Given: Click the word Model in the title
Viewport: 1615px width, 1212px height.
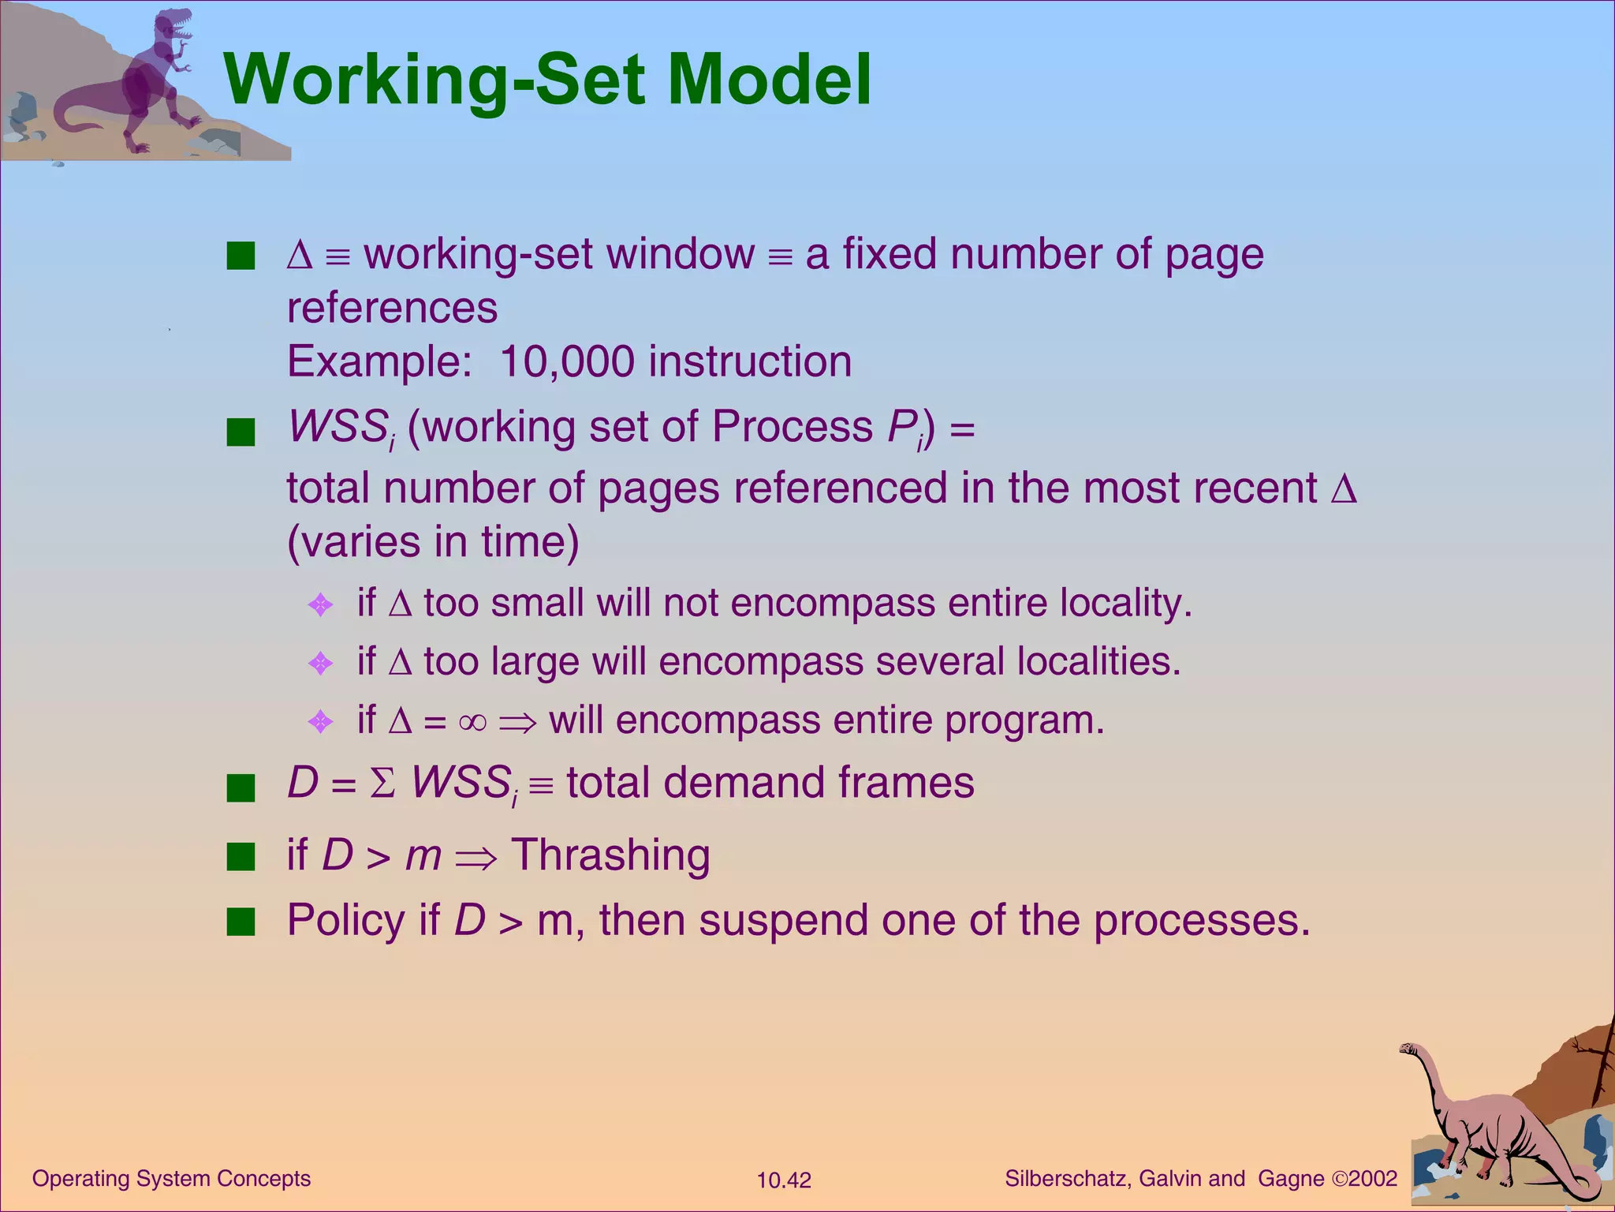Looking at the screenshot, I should click(x=769, y=80).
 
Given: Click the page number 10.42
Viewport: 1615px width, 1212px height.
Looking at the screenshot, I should click(x=783, y=1180).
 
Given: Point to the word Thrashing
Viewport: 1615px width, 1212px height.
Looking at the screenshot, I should click(x=610, y=855).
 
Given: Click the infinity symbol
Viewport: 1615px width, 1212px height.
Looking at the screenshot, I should click(x=472, y=721).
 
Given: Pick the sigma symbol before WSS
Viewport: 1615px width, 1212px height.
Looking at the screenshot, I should click(x=382, y=784).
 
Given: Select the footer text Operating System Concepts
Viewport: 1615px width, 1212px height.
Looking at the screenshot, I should click(x=171, y=1179).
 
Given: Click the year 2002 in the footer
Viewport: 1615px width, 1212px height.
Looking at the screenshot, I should click(x=1373, y=1179).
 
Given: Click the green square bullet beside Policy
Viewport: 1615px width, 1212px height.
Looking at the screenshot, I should click(x=241, y=921).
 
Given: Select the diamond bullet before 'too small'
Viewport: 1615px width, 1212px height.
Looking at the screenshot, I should click(x=320, y=605).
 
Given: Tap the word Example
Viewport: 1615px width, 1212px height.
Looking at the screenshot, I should click(x=379, y=361).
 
